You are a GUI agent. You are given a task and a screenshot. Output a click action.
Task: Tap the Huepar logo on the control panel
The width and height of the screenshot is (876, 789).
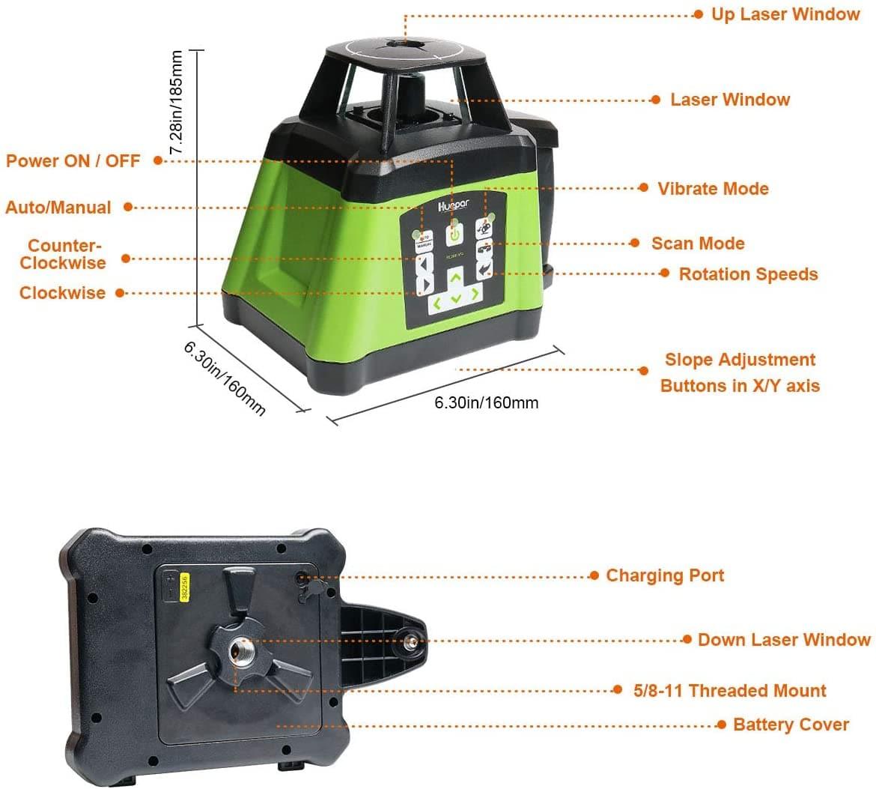click(x=449, y=205)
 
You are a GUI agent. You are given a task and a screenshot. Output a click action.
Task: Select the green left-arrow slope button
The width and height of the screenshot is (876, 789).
click(x=435, y=304)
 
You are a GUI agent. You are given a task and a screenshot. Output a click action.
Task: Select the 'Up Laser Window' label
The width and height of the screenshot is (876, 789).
click(x=785, y=14)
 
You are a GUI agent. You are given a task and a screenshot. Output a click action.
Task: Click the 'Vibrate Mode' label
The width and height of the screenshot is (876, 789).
click(x=713, y=189)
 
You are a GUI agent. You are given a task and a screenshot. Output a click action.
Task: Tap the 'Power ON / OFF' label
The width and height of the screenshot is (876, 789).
click(x=73, y=160)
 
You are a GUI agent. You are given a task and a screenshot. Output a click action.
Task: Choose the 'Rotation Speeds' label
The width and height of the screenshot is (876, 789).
click(x=748, y=274)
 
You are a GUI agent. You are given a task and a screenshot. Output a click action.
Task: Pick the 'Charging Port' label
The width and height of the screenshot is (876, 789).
click(x=665, y=575)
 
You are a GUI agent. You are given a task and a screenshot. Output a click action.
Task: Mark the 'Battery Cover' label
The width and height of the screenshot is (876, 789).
click(x=791, y=725)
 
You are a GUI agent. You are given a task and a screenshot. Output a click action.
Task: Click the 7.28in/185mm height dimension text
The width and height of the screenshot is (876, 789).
click(x=177, y=103)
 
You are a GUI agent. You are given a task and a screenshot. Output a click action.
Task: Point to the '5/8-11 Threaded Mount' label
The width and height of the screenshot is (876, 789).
click(x=730, y=691)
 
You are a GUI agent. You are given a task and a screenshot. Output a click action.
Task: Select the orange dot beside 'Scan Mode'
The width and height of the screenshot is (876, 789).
click(x=635, y=243)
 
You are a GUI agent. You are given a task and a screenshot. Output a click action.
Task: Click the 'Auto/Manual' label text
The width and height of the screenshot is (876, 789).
click(x=58, y=208)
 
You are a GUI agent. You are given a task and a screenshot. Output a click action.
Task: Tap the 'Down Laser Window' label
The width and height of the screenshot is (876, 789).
click(x=784, y=640)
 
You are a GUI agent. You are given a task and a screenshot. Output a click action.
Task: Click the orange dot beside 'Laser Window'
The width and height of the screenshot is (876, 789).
click(x=655, y=100)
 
